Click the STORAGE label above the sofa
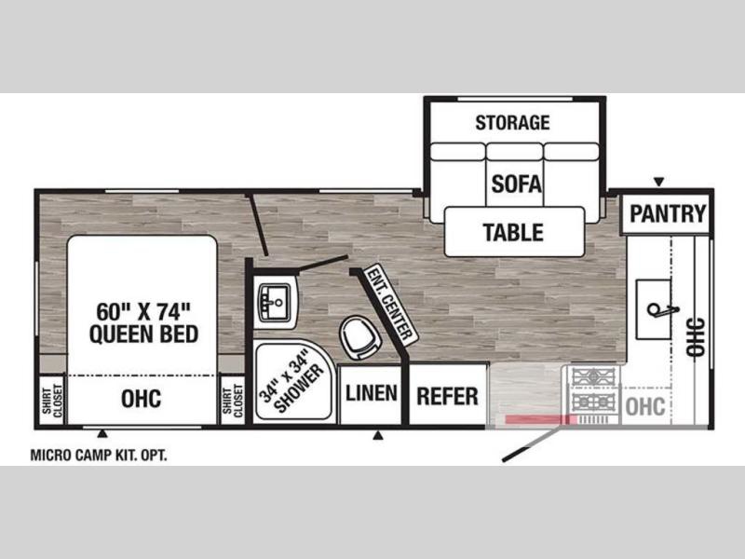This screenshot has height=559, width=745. (513, 123)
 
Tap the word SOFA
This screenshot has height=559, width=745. (516, 184)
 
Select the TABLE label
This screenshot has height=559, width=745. (513, 232)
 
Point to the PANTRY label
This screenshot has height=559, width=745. (668, 213)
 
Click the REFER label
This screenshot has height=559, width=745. (447, 397)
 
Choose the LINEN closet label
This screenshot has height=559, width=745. (372, 393)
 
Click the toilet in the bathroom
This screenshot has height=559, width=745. (361, 336)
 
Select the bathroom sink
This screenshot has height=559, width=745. (275, 303)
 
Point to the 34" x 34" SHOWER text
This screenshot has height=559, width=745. (291, 381)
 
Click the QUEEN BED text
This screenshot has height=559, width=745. (143, 334)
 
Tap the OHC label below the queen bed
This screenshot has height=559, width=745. (142, 399)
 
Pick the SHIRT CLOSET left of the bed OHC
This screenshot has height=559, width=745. (52, 402)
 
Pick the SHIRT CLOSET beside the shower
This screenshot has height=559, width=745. (232, 402)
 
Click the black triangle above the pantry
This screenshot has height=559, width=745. (658, 182)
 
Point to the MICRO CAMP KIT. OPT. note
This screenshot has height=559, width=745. (99, 456)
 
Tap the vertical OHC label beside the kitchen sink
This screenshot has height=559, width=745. (696, 336)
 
